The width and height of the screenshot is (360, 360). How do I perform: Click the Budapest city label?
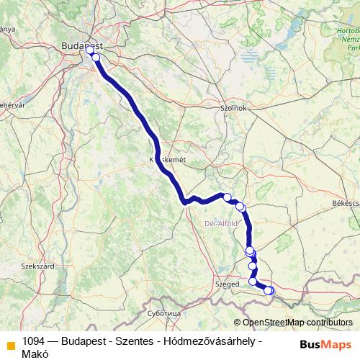pyautogui.click(x=80, y=44)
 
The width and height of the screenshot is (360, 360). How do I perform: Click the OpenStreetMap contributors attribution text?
pyautogui.click(x=298, y=323)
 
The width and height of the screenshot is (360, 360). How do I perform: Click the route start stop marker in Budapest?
pyautogui.click(x=90, y=50)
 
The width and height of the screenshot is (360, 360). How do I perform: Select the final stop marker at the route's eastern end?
pyautogui.click(x=270, y=290)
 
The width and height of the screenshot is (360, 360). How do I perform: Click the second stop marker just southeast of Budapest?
pyautogui.click(x=96, y=57)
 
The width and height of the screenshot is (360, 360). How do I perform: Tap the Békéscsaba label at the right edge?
pyautogui.click(x=346, y=204)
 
